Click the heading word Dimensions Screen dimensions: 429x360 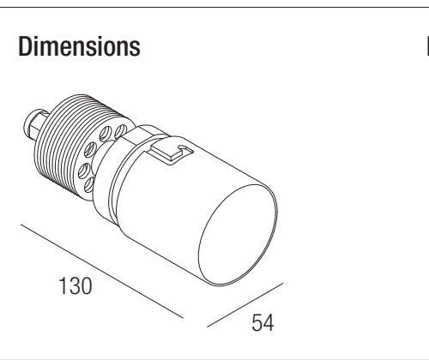pyautogui.click(x=79, y=46)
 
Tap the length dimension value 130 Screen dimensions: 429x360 pyautogui.click(x=76, y=285)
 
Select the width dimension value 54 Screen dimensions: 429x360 pyautogui.click(x=263, y=322)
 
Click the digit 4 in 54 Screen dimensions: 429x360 pyautogui.click(x=269, y=322)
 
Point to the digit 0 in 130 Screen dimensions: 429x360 pyautogui.click(x=86, y=285)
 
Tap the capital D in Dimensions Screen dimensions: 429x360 pyautogui.click(x=25, y=46)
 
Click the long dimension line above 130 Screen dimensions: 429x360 pyautogui.click(x=102, y=271)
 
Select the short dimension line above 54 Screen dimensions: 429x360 pyautogui.click(x=245, y=305)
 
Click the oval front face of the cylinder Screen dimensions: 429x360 pyautogui.click(x=238, y=234)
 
